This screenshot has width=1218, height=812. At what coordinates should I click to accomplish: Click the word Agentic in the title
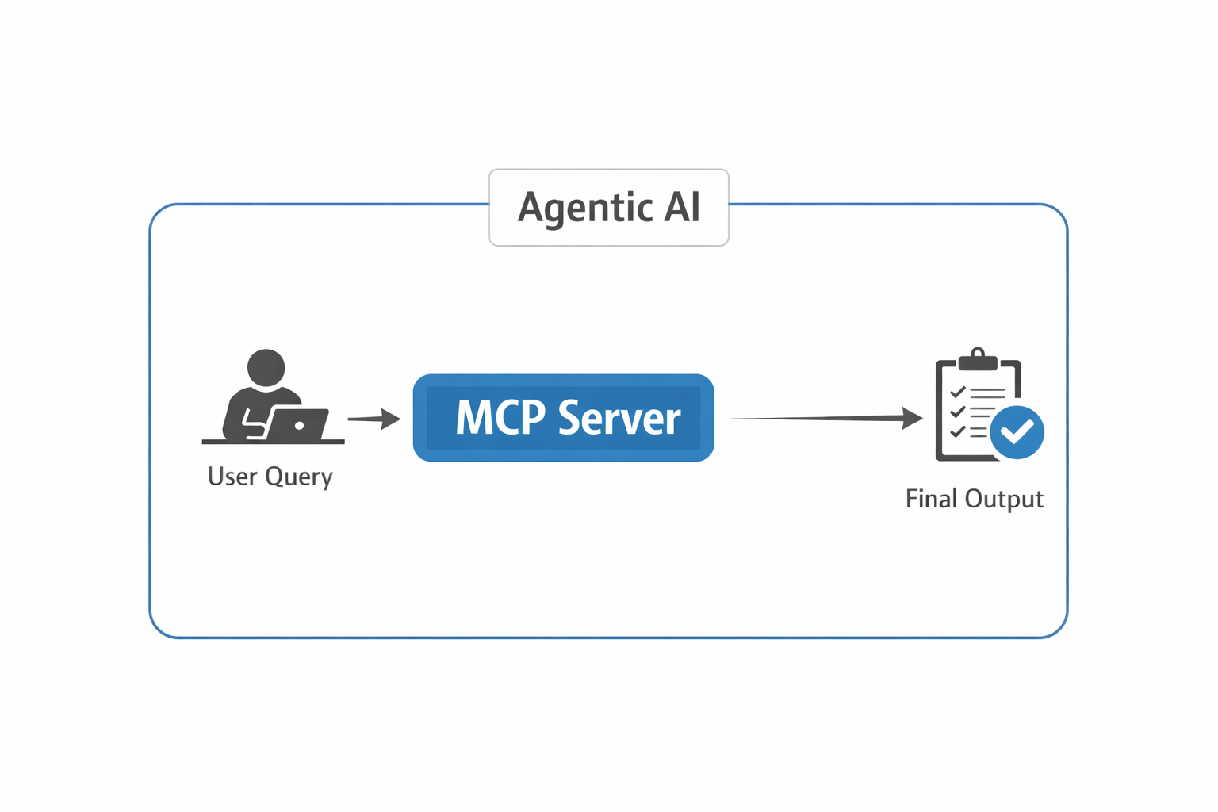coord(584,208)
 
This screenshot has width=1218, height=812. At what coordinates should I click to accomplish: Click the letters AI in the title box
coord(681,207)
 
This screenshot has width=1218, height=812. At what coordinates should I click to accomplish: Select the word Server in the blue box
coord(619,419)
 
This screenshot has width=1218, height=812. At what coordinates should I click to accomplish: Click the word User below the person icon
coord(232,476)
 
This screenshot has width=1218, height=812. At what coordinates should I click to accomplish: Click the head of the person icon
coord(266,368)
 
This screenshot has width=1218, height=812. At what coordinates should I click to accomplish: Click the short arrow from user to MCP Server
coord(373,419)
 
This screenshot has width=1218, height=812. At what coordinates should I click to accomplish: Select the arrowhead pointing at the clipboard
coord(913,418)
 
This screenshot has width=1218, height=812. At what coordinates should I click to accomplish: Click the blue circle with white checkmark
coord(1017,432)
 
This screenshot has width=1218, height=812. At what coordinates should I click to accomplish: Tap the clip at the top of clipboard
coord(978,360)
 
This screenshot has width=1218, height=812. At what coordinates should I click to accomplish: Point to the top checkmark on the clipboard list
coord(957,392)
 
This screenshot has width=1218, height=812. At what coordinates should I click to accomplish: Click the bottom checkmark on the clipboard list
coord(957,431)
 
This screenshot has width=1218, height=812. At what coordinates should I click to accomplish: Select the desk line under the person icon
coord(273,441)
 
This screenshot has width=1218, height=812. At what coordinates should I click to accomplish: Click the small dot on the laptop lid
coord(299,426)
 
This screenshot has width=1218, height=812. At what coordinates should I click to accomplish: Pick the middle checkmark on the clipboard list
coord(957,412)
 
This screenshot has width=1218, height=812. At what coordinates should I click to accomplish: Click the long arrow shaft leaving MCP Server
coord(817,418)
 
